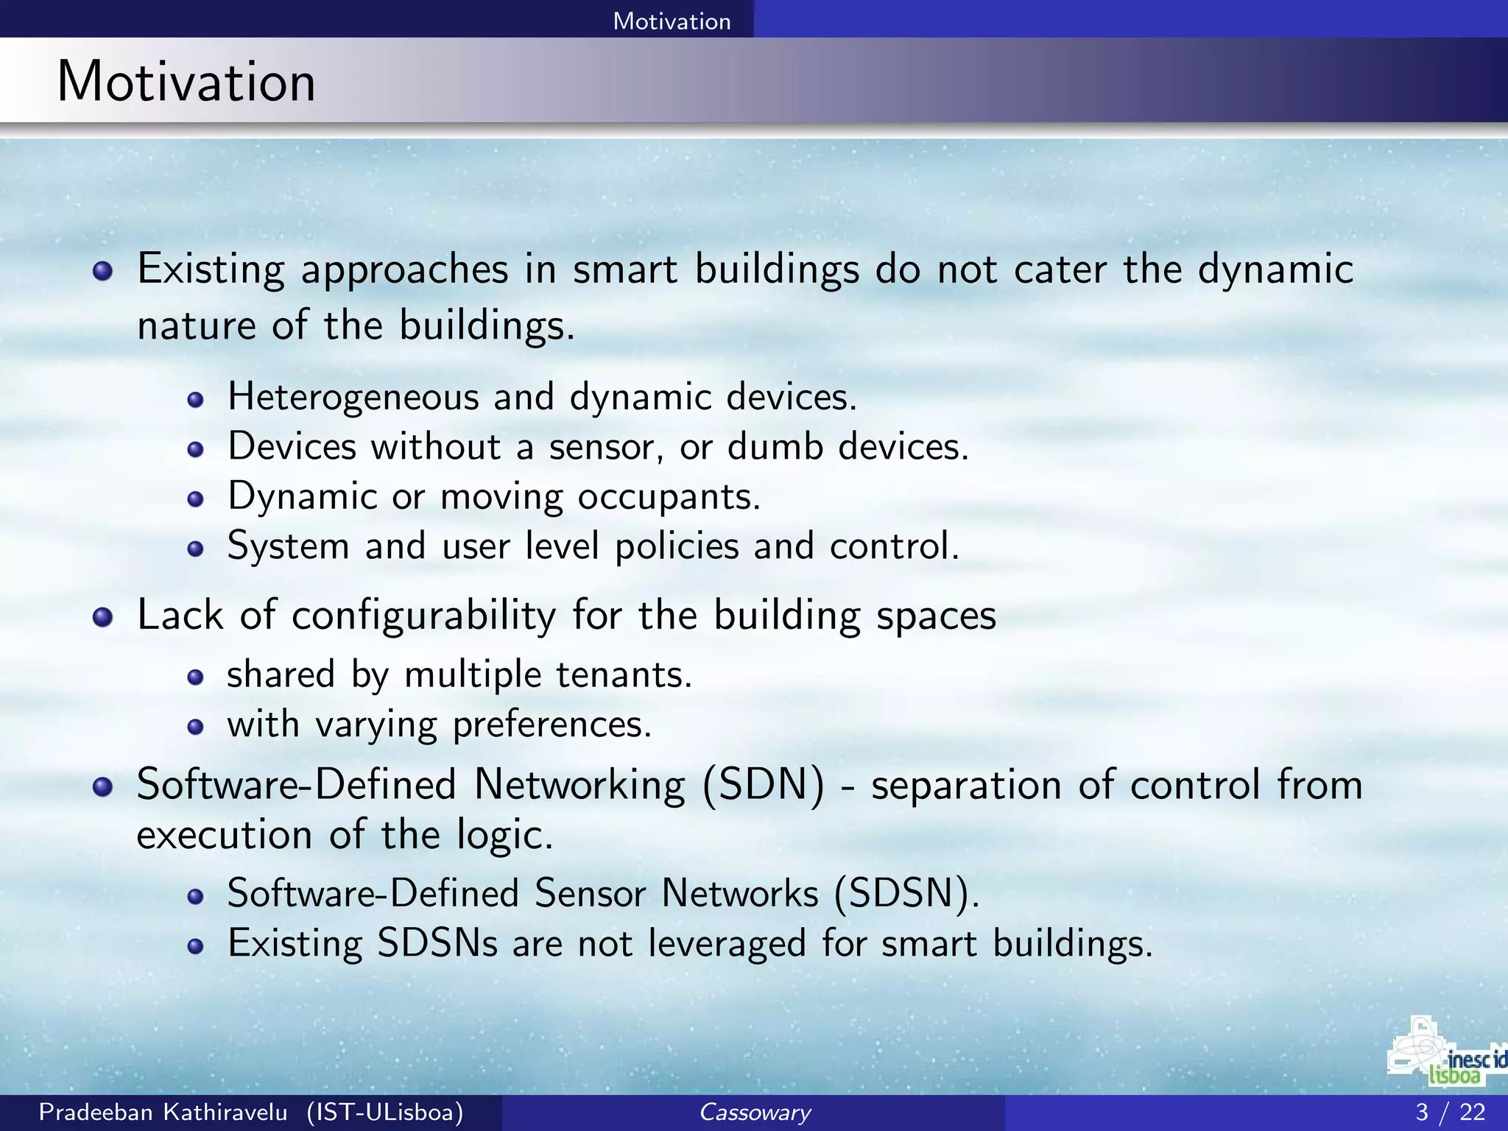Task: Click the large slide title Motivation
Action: coord(186,81)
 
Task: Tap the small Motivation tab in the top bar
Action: coord(672,21)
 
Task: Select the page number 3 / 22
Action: coord(1450,1112)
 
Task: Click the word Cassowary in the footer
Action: coord(754,1112)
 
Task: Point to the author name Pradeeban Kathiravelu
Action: coord(163,1112)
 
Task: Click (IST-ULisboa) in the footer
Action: coord(385,1112)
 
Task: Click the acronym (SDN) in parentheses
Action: coord(763,785)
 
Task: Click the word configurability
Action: coord(423,616)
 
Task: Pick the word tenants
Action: coord(623,674)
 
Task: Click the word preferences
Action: coord(552,725)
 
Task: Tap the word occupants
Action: coord(669,497)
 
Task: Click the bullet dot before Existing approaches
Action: coord(103,272)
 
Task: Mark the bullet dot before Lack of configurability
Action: coord(103,617)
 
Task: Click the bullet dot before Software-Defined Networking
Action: coord(103,787)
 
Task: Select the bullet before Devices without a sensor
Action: coord(195,449)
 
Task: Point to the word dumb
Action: coord(775,447)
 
